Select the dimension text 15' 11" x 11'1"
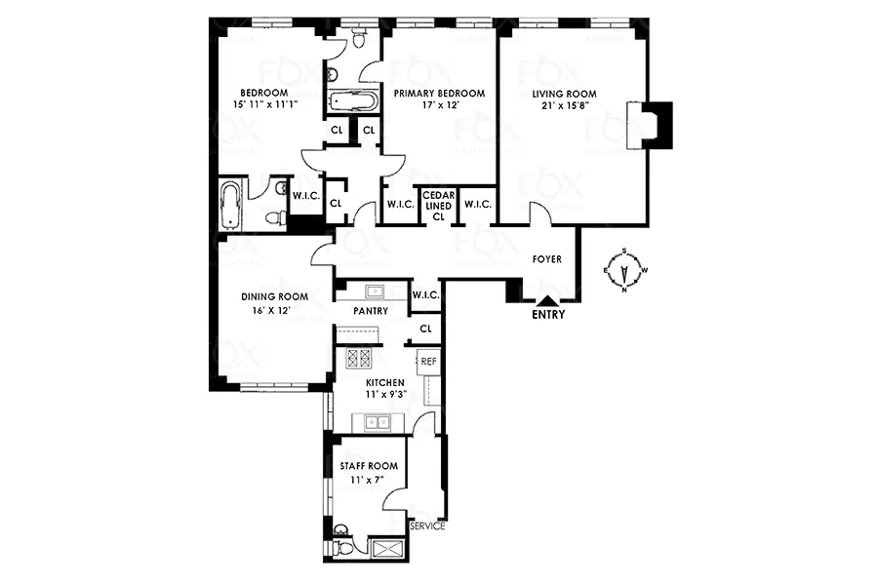tap(260, 103)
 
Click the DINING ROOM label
tap(275, 297)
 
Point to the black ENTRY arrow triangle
tap(547, 302)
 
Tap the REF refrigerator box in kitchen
tap(428, 361)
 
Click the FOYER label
tap(547, 260)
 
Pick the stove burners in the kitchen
tap(358, 357)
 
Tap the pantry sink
tap(372, 291)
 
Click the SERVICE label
tap(427, 526)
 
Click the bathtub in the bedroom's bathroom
tap(231, 205)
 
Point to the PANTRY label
tap(371, 311)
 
